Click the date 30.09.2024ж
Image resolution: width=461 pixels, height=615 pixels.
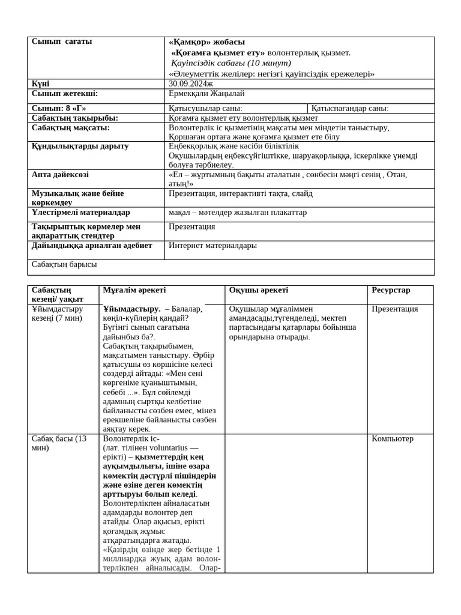tap(191, 84)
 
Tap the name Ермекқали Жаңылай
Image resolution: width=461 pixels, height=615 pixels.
tap(206, 94)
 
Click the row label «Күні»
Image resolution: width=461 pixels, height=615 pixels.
tap(40, 84)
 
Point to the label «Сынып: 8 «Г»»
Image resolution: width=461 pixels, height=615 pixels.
tap(58, 108)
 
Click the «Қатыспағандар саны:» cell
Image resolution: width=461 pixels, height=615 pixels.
tap(349, 109)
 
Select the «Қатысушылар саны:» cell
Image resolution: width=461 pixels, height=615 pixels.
tap(205, 109)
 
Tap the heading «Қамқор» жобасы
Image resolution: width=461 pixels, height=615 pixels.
tap(206, 42)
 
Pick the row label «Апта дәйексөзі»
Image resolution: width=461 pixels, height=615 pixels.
tap(60, 175)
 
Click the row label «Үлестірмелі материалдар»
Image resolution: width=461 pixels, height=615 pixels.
tap(80, 213)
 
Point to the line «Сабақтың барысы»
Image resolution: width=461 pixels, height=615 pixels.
tap(64, 264)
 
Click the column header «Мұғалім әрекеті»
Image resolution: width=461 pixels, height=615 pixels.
tap(134, 290)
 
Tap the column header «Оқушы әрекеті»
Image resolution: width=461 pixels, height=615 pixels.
tap(258, 290)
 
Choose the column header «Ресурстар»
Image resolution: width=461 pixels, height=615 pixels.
tap(391, 290)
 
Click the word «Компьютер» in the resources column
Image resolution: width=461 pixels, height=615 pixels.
tap(392, 439)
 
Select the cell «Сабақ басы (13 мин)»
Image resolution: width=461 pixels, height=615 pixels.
tap(59, 443)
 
